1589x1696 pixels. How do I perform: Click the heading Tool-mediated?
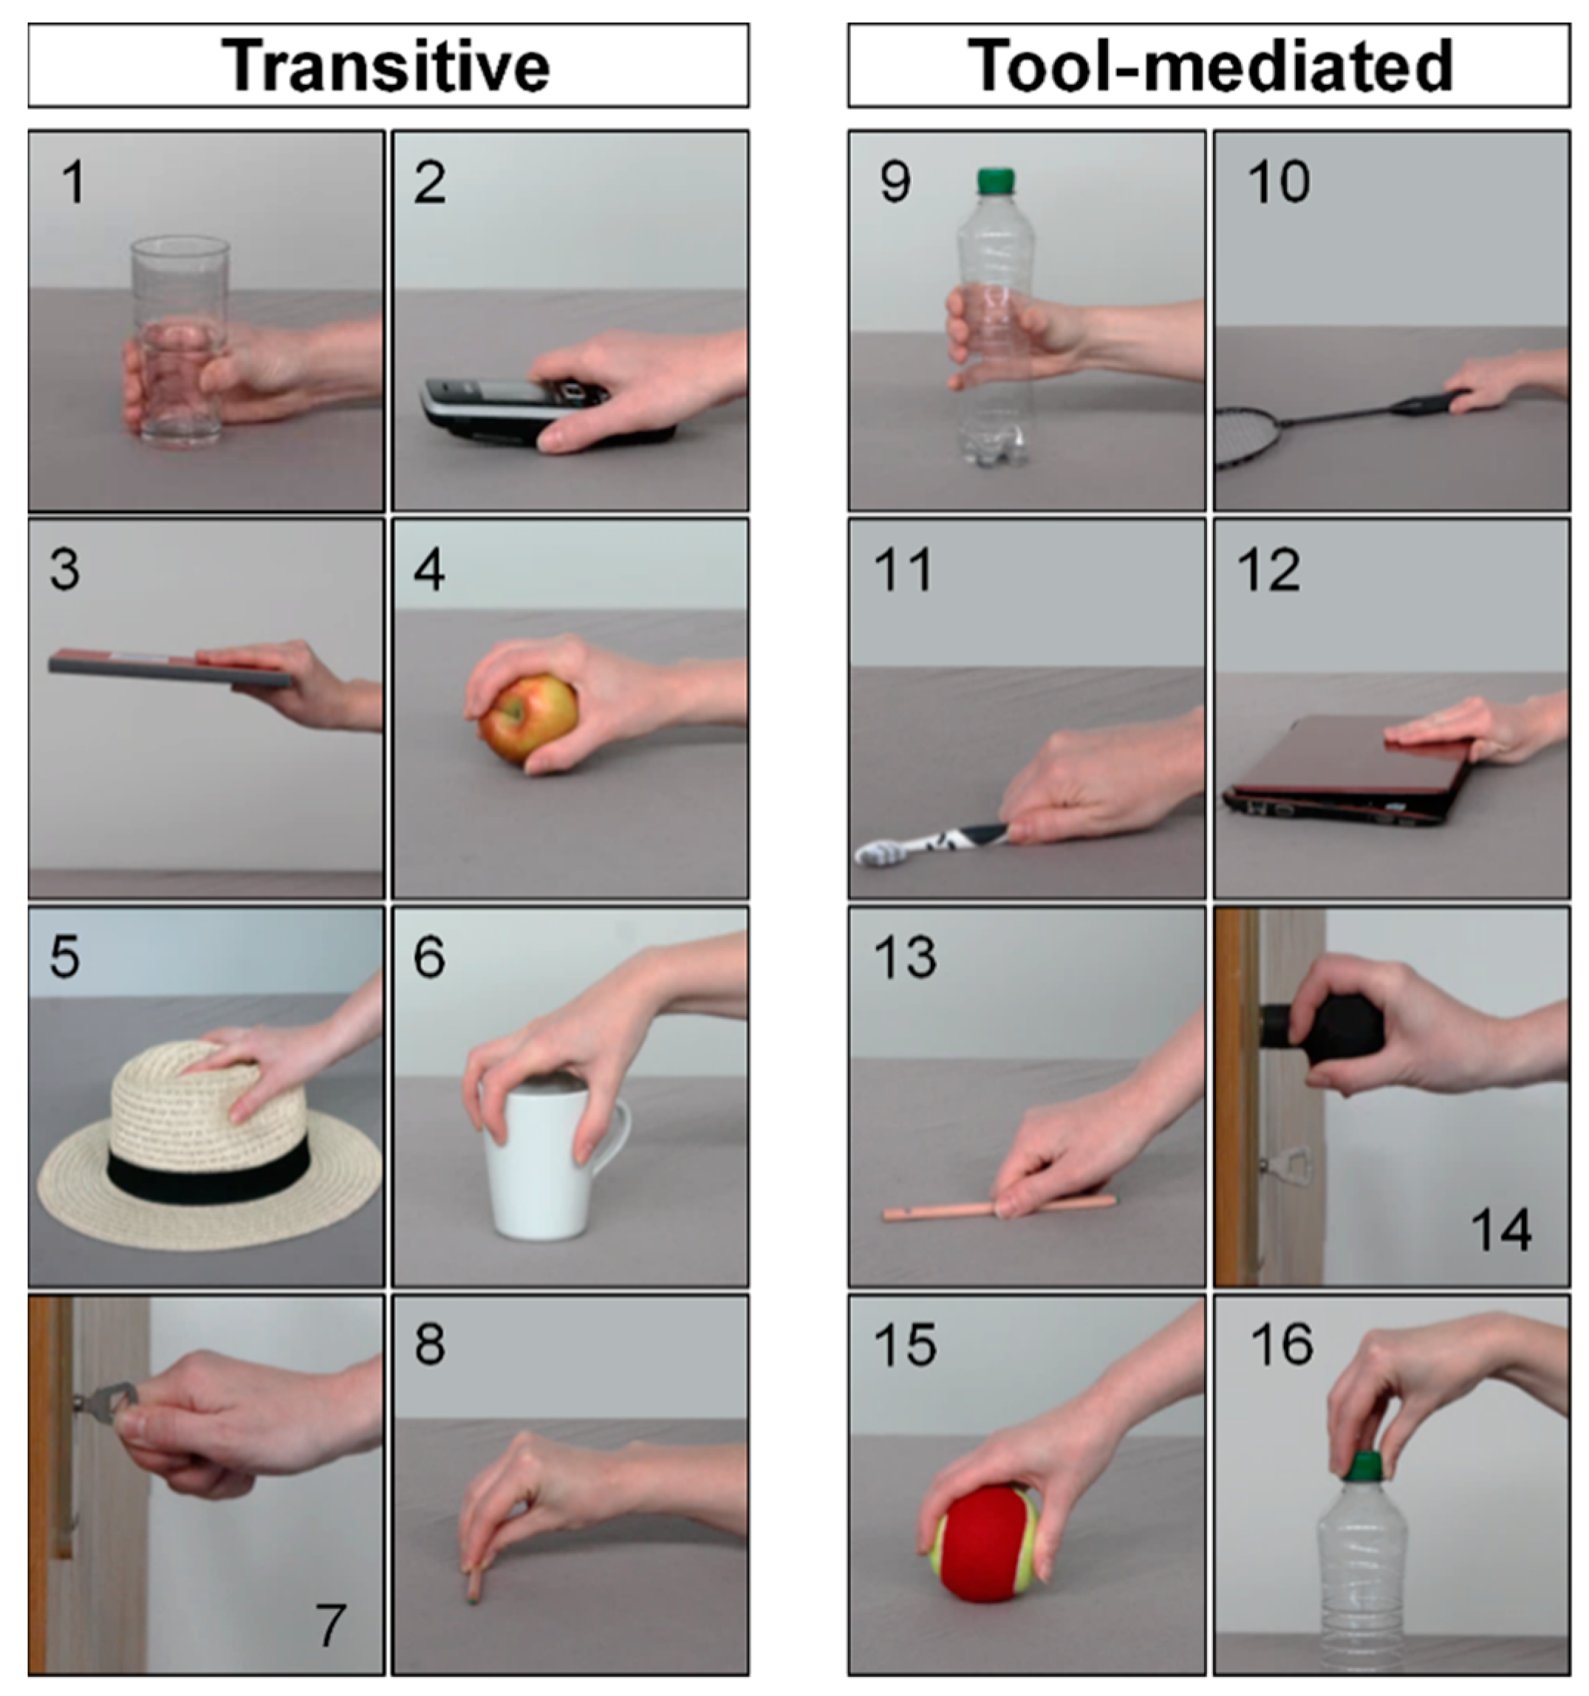tap(1209, 66)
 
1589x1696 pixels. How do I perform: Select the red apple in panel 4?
tap(527, 717)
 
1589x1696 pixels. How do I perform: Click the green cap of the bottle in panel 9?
tap(995, 180)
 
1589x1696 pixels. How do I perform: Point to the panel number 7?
tap(330, 1625)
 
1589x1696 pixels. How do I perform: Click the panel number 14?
tap(1500, 1230)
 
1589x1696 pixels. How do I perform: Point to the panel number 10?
tap(1277, 182)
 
